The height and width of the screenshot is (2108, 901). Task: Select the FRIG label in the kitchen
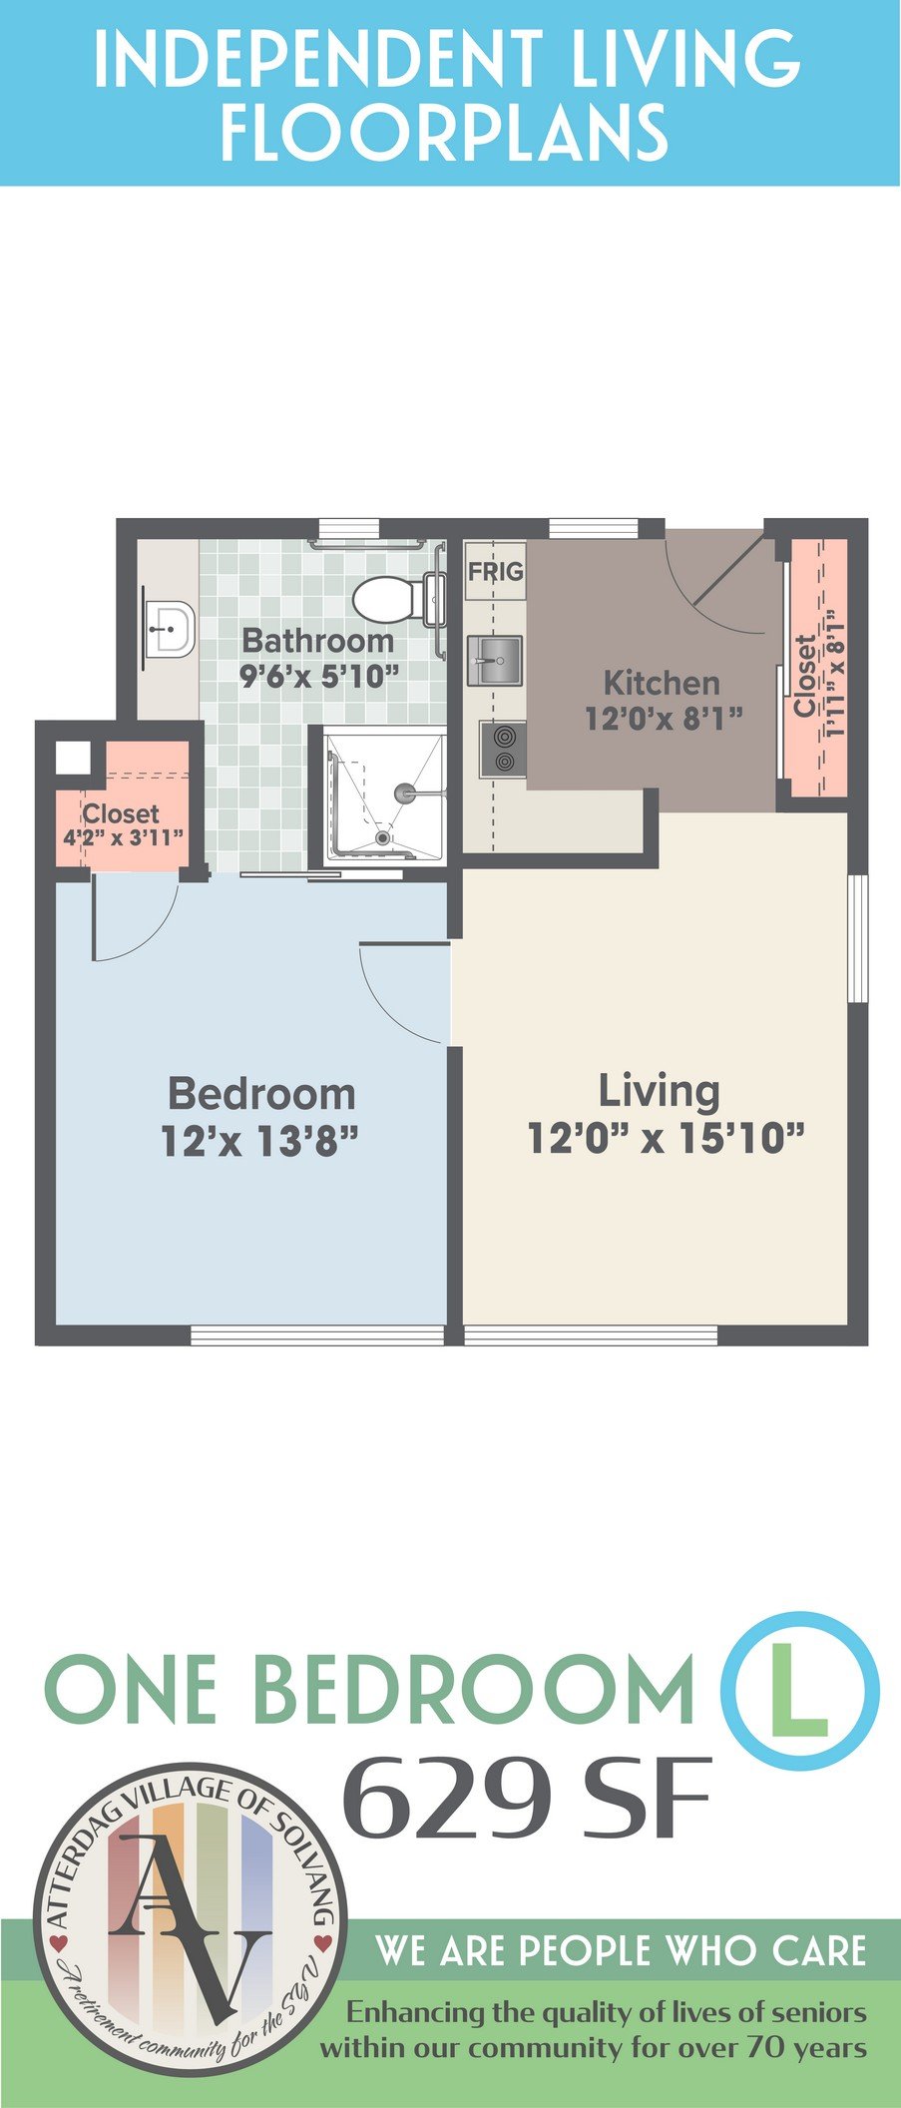tap(496, 573)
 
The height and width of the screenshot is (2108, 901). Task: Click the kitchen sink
tap(495, 659)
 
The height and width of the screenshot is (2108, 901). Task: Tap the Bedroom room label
tap(261, 1093)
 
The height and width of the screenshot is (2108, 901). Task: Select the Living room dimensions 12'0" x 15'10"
tap(666, 1137)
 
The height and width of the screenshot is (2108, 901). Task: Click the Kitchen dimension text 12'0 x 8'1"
tap(665, 718)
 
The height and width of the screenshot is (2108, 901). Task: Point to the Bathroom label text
tap(318, 640)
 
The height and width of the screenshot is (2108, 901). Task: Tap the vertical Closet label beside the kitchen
tap(805, 676)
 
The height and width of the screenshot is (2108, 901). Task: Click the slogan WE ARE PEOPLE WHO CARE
tap(621, 1950)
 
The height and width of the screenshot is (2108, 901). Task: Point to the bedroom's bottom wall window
tap(317, 1335)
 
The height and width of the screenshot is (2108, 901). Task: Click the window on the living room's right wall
tap(857, 938)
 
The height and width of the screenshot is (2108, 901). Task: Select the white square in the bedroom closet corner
tap(73, 759)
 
